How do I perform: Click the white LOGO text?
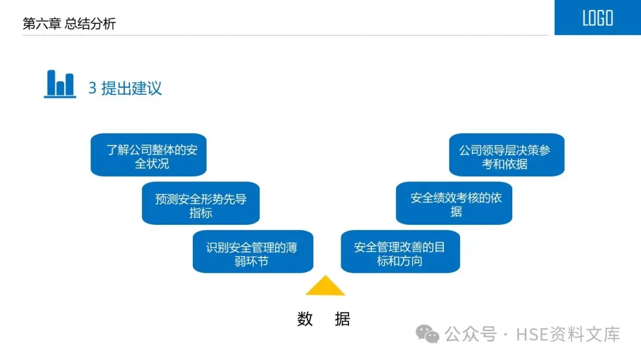pos(597,18)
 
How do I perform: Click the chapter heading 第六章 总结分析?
pos(69,24)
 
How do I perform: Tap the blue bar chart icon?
pos(60,84)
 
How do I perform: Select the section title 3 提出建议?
pos(125,88)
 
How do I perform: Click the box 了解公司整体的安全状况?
pos(148,155)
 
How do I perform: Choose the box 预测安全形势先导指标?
pos(201,203)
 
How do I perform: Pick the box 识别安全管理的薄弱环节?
pos(253,252)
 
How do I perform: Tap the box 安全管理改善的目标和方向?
pos(400,252)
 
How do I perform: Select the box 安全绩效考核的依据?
pos(454,203)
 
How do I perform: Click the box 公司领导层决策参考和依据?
pos(506,155)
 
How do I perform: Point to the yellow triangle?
pos(325,287)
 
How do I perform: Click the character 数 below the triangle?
pos(305,319)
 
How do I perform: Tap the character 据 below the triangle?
pos(342,319)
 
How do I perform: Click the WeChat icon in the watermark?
pos(427,334)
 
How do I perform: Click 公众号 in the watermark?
pos(471,334)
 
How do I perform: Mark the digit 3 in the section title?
pos(93,89)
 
